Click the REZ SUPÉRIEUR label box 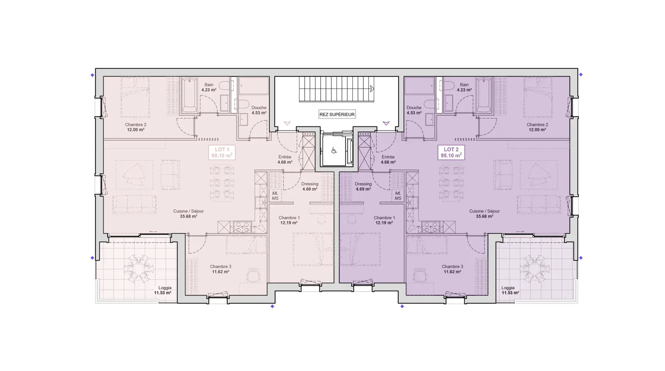[x=337, y=114]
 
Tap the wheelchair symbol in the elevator [x=334, y=151]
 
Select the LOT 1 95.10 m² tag [x=222, y=152]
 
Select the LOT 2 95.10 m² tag [x=451, y=152]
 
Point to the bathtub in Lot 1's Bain [x=189, y=95]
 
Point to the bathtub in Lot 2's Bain [x=483, y=95]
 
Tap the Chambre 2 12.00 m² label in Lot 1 [x=136, y=127]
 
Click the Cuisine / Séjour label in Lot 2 [x=485, y=211]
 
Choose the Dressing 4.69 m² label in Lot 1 [x=310, y=187]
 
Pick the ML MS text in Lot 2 [x=398, y=196]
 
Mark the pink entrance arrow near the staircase [x=287, y=123]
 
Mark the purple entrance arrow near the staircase [x=386, y=123]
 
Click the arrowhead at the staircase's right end [x=372, y=88]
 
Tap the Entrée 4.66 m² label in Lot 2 [x=388, y=160]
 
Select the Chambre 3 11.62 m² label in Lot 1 [x=221, y=269]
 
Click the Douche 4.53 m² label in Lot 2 [x=414, y=110]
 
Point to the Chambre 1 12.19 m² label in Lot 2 [x=384, y=220]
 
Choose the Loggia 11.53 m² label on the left [x=163, y=290]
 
